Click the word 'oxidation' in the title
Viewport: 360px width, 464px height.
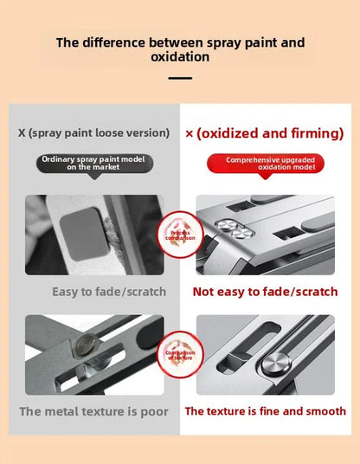point(180,58)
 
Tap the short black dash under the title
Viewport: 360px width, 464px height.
point(180,78)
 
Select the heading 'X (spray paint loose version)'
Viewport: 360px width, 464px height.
point(93,133)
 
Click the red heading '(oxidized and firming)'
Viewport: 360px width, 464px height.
point(270,133)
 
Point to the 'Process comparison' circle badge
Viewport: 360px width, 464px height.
point(179,234)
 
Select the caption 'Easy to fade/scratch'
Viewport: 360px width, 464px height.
point(108,292)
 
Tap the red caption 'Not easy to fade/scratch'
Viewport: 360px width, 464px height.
point(265,292)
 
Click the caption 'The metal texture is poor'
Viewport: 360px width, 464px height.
point(93,411)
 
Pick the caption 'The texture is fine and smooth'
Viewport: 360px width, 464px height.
point(265,411)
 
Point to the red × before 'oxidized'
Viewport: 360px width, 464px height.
point(190,134)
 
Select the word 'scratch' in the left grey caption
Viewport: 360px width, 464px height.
point(143,292)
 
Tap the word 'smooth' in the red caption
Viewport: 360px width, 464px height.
point(324,411)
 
